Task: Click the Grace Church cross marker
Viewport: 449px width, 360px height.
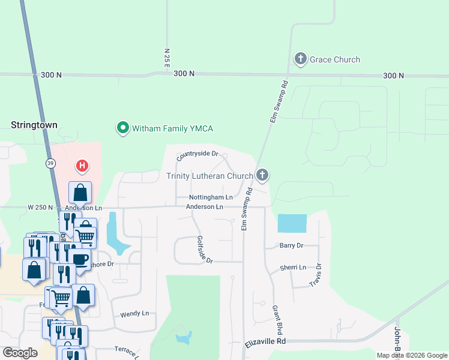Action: click(x=301, y=59)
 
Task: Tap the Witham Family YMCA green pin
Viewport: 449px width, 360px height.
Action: click(x=123, y=128)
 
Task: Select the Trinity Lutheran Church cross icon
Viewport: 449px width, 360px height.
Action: click(x=262, y=175)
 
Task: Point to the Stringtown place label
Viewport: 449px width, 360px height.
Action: click(x=34, y=125)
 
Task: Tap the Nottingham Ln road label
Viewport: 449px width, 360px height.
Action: click(x=211, y=197)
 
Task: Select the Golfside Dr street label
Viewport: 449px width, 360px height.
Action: click(x=205, y=249)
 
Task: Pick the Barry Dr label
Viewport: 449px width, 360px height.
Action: click(x=292, y=245)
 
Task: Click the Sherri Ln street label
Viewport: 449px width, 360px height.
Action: click(x=293, y=268)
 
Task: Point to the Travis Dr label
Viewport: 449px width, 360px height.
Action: click(x=319, y=275)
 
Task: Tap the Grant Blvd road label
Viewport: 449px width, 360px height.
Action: click(x=277, y=319)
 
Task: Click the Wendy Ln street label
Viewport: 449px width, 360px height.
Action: click(x=134, y=314)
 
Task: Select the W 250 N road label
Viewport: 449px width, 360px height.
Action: click(x=40, y=208)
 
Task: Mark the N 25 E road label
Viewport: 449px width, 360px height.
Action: click(x=167, y=58)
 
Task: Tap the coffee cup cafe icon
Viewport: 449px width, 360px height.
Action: click(x=80, y=259)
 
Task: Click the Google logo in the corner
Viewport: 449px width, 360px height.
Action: click(x=20, y=352)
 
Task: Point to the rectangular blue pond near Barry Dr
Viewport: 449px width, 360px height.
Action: click(x=292, y=224)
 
